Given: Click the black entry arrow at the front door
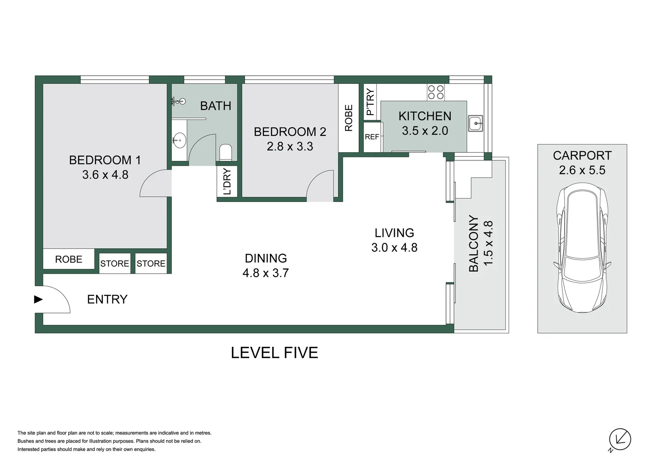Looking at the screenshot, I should coord(39,299).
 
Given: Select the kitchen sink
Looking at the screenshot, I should coord(475,124).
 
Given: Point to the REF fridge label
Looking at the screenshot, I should coord(372,137).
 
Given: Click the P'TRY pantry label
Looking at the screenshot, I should coord(370,102).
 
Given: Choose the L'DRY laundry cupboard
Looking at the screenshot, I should coord(227,182).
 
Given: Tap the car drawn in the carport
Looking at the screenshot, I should coord(582,249).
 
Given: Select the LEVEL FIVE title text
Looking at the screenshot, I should coord(274,353).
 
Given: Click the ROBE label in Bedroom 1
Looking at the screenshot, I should coord(68,259).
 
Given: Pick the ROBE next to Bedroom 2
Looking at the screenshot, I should coord(349,118).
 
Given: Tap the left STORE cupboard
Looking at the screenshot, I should coord(115,263).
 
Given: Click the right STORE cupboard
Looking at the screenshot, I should coord(151,263).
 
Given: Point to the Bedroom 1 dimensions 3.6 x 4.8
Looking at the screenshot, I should coord(105,175).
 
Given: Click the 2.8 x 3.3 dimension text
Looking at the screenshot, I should coord(290,147).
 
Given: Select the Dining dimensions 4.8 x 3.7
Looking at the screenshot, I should coord(266,273).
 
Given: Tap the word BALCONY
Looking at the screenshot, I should coord(474,244).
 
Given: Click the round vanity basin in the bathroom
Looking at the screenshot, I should coord(179,140).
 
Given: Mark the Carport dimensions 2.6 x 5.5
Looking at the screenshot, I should coord(582,170).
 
